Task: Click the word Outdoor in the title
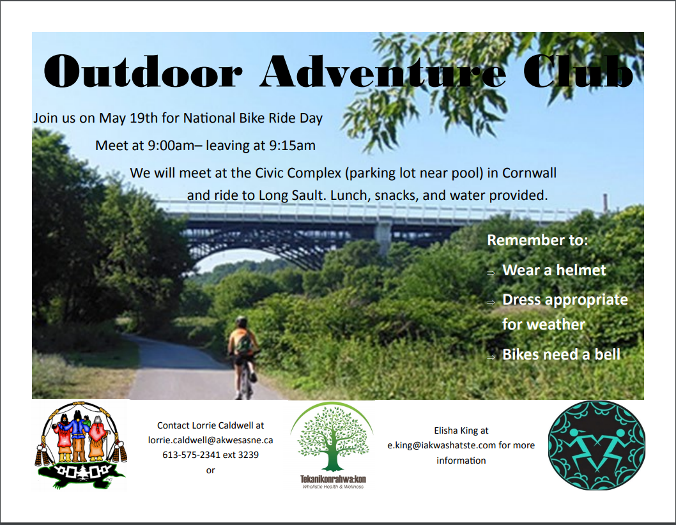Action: point(142,71)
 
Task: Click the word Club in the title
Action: point(578,71)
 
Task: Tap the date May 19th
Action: point(128,118)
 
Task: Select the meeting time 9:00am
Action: point(171,146)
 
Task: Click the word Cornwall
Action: point(530,173)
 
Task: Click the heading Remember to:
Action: point(537,240)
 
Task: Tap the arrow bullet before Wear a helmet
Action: point(491,273)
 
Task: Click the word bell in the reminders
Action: point(608,354)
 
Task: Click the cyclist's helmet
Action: point(242,321)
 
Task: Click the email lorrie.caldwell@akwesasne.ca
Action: point(210,440)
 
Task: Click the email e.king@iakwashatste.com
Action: point(442,445)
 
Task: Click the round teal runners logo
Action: point(597,445)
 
